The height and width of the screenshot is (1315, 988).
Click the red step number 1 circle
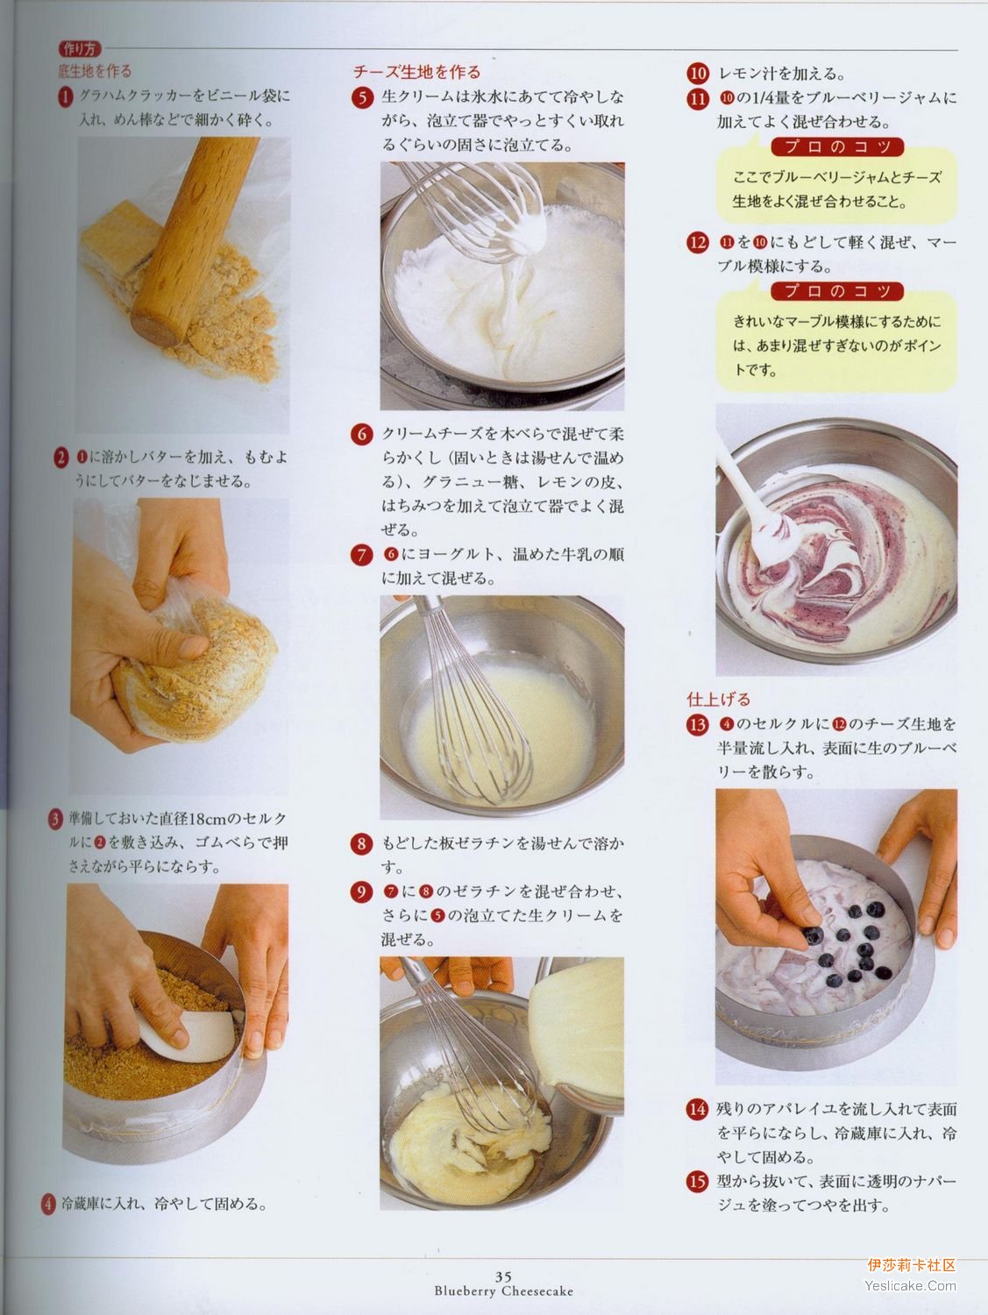[65, 97]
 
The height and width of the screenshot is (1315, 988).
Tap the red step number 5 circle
[362, 97]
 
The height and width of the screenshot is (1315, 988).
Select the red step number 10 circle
[698, 74]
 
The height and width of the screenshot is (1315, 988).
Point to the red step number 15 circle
[698, 1182]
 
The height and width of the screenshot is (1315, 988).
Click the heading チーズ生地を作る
[417, 73]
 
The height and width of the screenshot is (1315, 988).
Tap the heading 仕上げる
[718, 699]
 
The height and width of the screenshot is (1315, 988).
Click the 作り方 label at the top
[80, 48]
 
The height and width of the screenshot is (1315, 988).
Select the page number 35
[503, 1276]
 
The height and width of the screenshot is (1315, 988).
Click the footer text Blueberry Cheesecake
[504, 1290]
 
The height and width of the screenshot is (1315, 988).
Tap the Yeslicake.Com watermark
[910, 1286]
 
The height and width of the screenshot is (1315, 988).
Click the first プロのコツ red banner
[836, 146]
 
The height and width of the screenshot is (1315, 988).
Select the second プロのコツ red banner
[836, 291]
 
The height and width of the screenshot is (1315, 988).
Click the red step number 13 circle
[698, 725]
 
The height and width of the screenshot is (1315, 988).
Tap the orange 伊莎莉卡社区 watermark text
[912, 1265]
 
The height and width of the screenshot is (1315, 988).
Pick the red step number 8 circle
[361, 844]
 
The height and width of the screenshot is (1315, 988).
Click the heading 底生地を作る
[95, 71]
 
